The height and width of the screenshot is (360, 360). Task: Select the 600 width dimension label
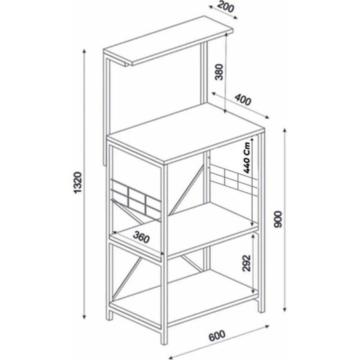coord(217,337)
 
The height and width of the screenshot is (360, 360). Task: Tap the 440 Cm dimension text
coord(247,158)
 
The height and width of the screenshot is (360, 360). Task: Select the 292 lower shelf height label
coord(247,263)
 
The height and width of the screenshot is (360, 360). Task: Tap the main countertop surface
coord(186,133)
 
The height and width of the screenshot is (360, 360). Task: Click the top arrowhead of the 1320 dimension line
coord(84,51)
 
